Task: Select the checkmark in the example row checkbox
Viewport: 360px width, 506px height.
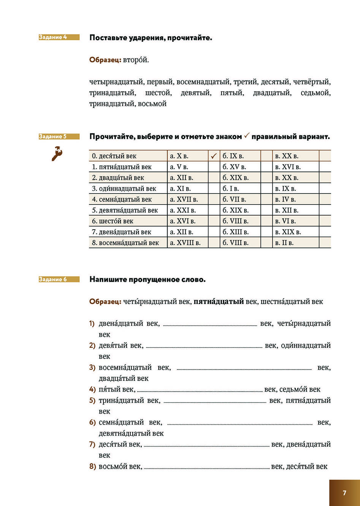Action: pos(214,156)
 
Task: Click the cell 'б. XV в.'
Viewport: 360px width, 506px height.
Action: pos(234,167)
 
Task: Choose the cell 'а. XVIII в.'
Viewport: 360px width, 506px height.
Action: pos(185,243)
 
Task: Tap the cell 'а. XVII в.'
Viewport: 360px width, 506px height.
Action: pos(184,200)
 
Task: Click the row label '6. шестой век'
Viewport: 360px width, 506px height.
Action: pos(113,221)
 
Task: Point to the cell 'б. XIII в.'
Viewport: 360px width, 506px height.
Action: pos(235,232)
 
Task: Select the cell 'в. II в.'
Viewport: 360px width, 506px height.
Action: pos(284,243)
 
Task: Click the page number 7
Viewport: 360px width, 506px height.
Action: pos(344,493)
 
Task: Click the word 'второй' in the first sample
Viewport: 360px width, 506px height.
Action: pos(136,60)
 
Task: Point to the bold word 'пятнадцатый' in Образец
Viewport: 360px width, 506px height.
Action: pos(219,301)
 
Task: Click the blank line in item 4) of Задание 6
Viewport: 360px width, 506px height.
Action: pos(200,390)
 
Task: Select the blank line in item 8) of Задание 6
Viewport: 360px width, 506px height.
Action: pos(206,468)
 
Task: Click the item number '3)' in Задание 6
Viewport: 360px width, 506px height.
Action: pos(92,368)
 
